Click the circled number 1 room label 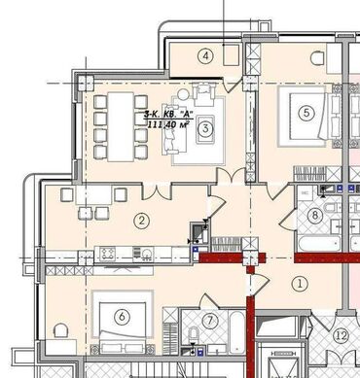tap(300, 284)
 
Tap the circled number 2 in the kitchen tap(142, 221)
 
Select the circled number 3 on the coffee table tap(205, 128)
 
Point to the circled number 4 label tap(205, 56)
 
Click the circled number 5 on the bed tap(306, 113)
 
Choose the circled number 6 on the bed tap(123, 317)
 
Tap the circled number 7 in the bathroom tap(210, 321)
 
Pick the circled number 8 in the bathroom tap(315, 216)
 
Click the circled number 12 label tap(342, 335)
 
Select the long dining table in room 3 tap(121, 126)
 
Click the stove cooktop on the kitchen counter tap(108, 253)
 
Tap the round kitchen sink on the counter tap(148, 253)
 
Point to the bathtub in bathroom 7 tap(237, 332)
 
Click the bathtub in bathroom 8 tap(319, 243)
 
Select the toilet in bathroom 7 tap(194, 333)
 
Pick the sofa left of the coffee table tap(170, 129)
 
